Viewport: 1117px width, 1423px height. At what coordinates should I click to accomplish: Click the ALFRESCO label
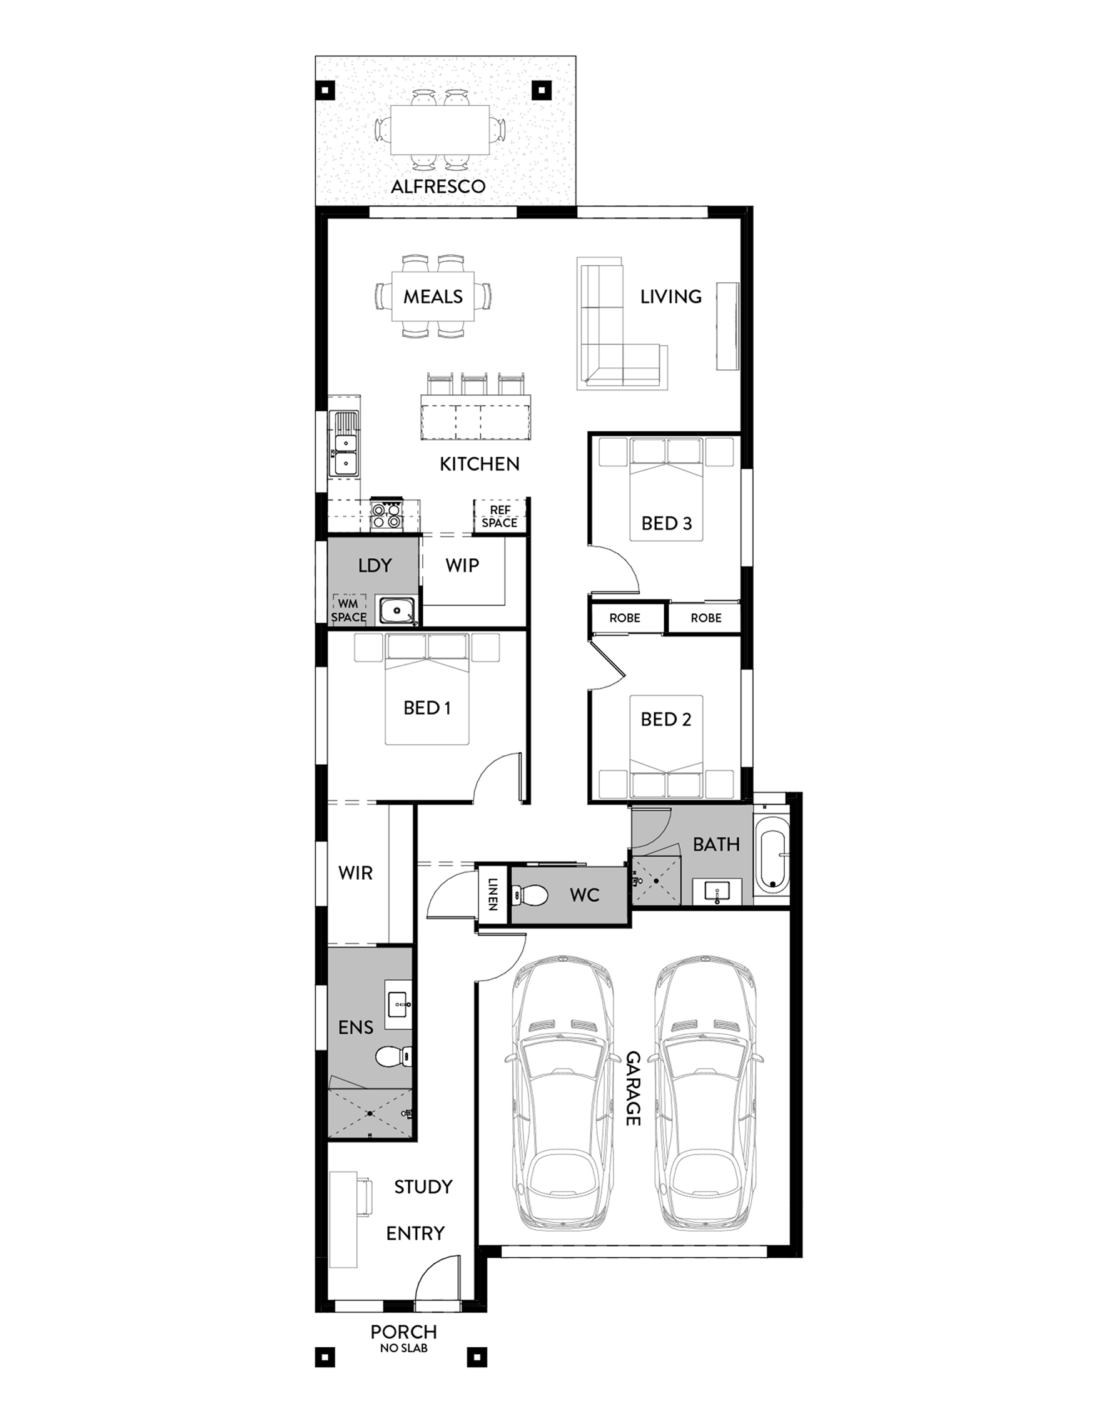tap(438, 186)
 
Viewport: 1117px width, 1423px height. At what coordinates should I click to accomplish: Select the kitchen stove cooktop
tap(386, 514)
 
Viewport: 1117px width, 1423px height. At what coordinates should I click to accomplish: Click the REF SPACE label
tap(500, 516)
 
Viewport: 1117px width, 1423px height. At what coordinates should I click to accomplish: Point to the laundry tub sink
tap(397, 610)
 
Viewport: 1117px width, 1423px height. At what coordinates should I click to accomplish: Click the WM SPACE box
tap(348, 609)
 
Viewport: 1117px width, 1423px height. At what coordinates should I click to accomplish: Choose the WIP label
tap(462, 565)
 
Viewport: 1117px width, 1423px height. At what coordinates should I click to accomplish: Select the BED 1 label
tap(427, 708)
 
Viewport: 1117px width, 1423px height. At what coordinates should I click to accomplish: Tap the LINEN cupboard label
tap(492, 894)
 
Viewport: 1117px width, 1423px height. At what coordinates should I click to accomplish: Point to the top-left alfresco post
tap(325, 89)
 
